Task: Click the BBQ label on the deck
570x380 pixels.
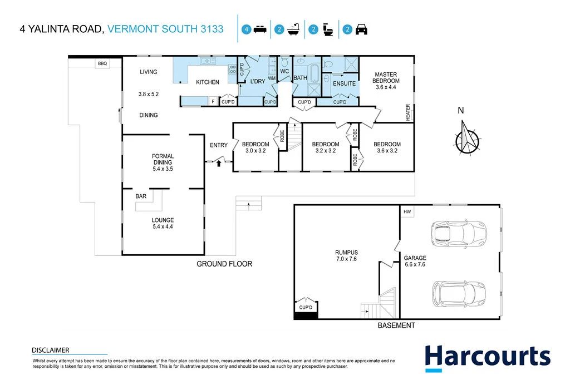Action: (102, 64)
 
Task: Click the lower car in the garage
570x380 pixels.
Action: (459, 291)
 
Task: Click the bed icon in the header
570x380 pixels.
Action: (260, 30)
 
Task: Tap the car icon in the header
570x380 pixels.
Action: (362, 30)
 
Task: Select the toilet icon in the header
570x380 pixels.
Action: (328, 30)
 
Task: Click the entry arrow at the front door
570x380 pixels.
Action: (219, 163)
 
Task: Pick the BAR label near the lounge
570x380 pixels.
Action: (141, 196)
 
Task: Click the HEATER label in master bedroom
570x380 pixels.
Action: (408, 112)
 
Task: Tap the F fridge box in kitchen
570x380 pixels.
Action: (213, 102)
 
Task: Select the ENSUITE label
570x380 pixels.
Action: (344, 83)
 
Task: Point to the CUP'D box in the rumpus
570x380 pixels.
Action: (306, 307)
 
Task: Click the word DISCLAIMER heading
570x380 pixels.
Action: (51, 350)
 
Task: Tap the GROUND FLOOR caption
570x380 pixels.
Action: (224, 264)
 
